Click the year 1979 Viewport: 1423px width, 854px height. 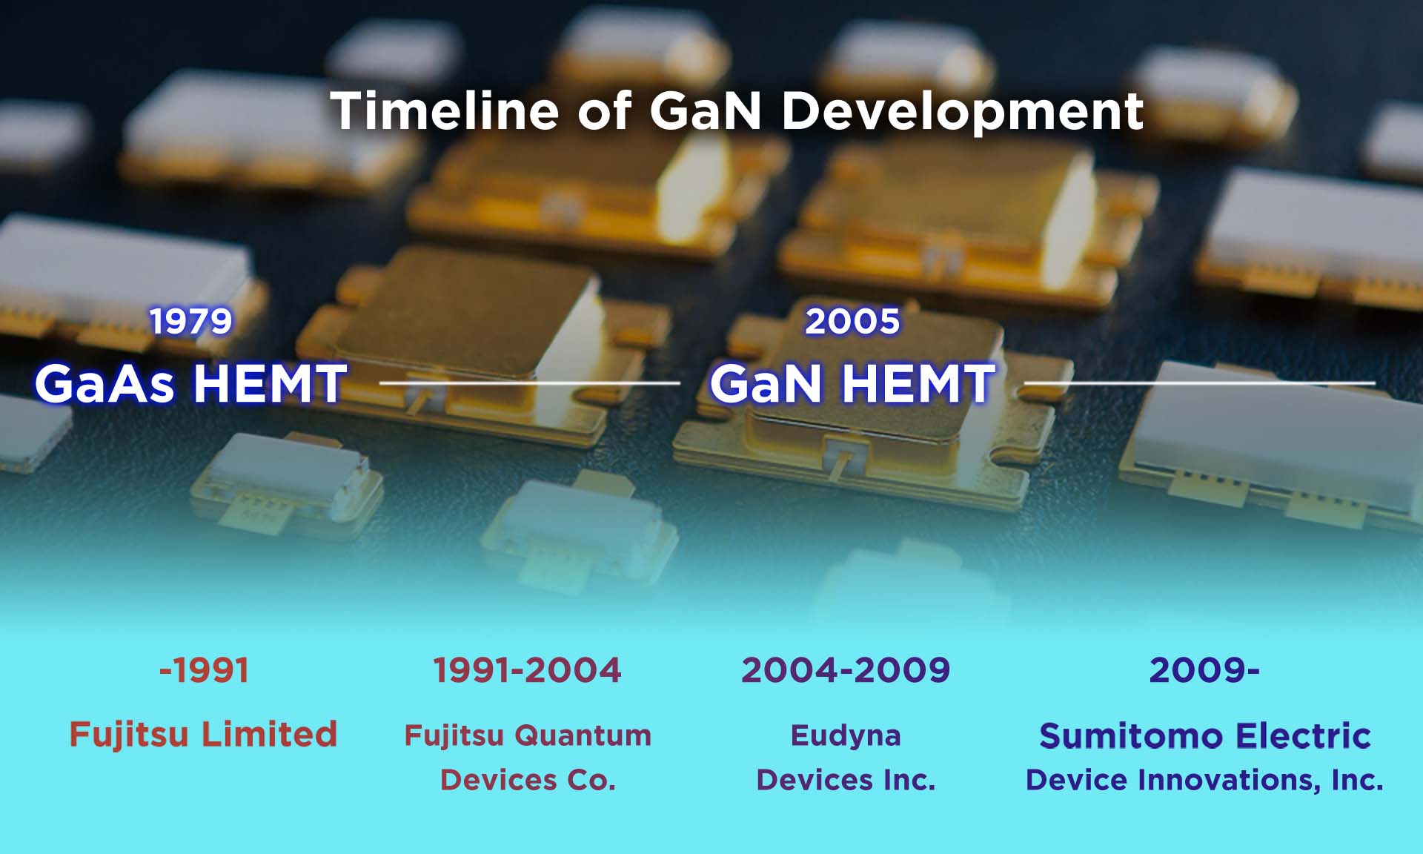[191, 321]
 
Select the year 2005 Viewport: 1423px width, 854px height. [852, 321]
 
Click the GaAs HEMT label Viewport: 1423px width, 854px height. [190, 383]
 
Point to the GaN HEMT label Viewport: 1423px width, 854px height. [852, 383]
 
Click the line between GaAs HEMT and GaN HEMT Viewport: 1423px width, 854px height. [529, 383]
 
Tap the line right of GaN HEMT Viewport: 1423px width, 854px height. [1198, 383]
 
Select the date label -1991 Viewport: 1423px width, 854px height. [204, 670]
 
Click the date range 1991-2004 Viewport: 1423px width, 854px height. [527, 670]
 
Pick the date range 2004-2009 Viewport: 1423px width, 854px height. [846, 670]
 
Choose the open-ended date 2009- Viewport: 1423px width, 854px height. [1204, 670]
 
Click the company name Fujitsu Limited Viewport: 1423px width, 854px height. [203, 734]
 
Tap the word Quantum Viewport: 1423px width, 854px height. [583, 735]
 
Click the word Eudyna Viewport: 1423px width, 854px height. [846, 735]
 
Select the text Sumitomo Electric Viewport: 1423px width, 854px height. [1204, 735]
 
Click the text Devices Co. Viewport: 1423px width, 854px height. [528, 780]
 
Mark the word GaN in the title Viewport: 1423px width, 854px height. [706, 111]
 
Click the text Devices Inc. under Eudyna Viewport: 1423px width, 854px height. [846, 780]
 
